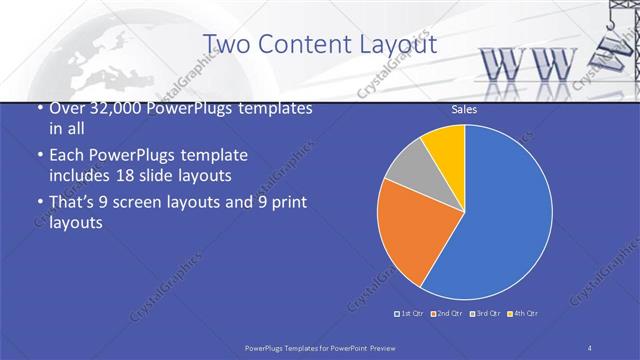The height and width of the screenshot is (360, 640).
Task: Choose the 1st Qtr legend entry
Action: pos(410,314)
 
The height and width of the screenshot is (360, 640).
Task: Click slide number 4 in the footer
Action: pos(590,346)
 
